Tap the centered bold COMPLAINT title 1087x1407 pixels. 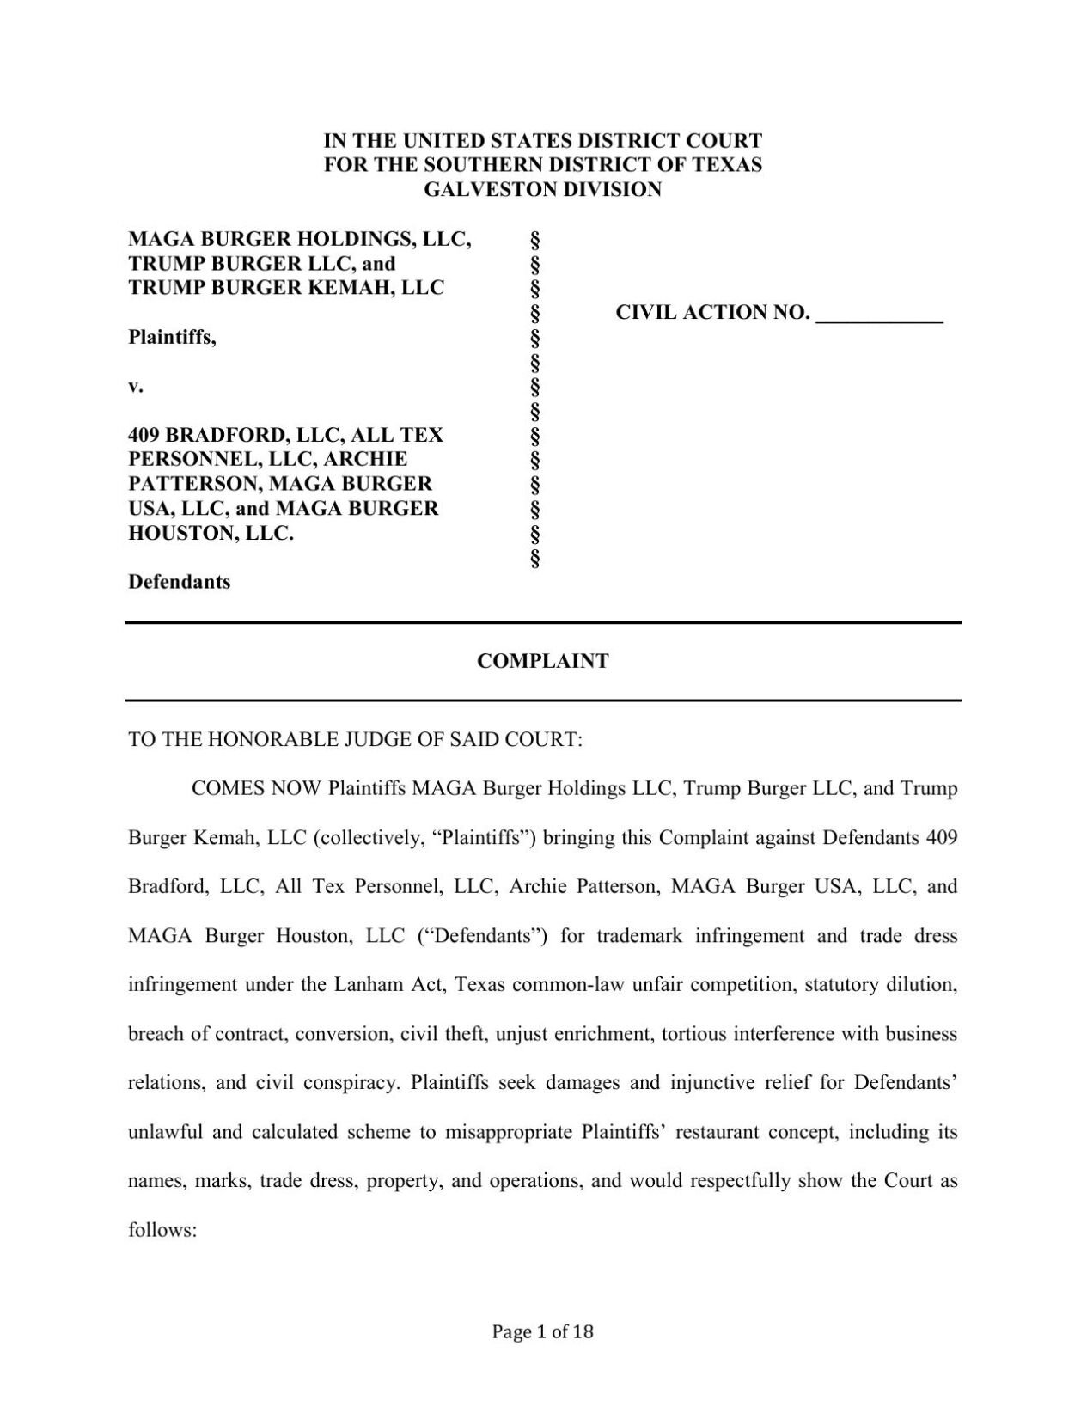click(x=543, y=661)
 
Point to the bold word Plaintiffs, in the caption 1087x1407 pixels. click(x=172, y=337)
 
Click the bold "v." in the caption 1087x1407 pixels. click(x=134, y=386)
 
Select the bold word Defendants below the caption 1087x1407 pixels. click(x=179, y=582)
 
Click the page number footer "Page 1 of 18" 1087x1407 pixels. click(x=543, y=1332)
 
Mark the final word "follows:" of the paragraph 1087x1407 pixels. click(x=163, y=1230)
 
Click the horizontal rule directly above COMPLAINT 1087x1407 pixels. click(x=543, y=622)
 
